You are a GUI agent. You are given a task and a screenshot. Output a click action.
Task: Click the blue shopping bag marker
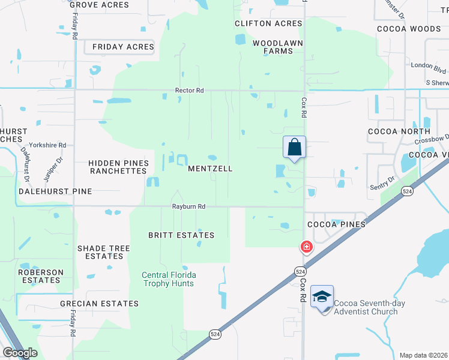click(294, 147)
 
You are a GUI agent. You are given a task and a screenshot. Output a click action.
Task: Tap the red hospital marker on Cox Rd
click(306, 247)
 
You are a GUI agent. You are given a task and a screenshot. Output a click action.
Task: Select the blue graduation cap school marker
click(322, 298)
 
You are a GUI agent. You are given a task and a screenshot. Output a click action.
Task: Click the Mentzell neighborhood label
click(210, 169)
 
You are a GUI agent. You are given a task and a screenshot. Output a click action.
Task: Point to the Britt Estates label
click(181, 235)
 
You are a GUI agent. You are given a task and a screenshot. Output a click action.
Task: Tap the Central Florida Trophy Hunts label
click(169, 279)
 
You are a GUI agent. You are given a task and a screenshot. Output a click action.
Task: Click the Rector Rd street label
click(189, 91)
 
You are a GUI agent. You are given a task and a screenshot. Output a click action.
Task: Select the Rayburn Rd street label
click(189, 206)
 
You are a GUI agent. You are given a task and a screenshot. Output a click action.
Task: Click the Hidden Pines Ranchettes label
click(118, 167)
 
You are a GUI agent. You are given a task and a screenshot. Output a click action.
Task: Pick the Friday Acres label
click(123, 47)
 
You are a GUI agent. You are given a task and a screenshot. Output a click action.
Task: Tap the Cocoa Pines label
click(336, 224)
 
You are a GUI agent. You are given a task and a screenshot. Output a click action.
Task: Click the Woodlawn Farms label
click(277, 47)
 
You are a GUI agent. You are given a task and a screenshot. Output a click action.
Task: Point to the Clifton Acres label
click(268, 23)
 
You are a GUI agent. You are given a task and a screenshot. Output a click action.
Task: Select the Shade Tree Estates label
click(104, 252)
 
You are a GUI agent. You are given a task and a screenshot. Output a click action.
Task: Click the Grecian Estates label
click(99, 304)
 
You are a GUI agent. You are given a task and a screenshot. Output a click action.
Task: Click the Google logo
click(20, 353)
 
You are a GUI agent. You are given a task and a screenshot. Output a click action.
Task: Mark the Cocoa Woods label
click(408, 28)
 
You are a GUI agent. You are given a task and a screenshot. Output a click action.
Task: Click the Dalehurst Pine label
click(55, 191)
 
